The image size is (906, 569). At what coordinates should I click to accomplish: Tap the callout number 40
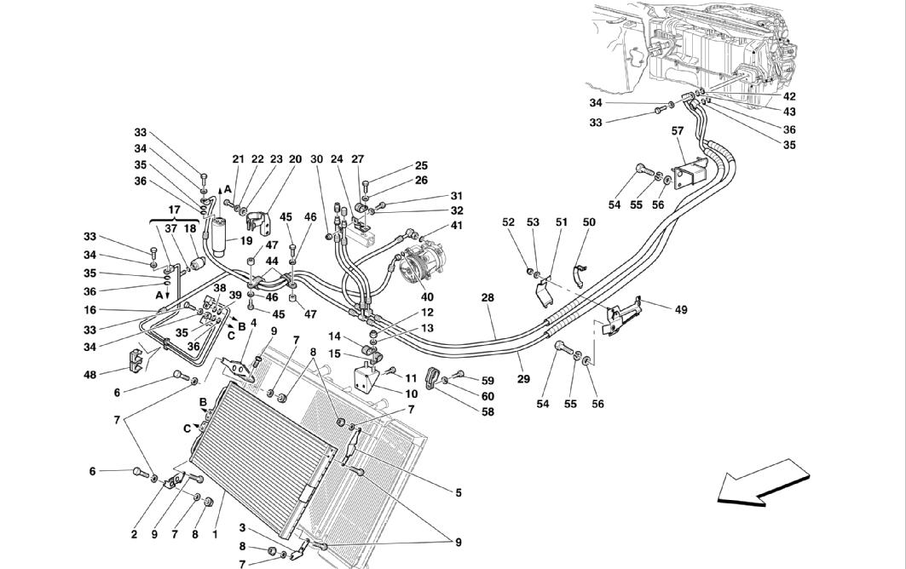(427, 297)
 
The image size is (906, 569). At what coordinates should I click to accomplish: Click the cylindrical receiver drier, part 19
(220, 236)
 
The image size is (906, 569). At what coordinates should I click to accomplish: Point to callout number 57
(678, 131)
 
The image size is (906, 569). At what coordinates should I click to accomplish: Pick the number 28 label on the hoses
(488, 297)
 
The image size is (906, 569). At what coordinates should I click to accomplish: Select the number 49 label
(681, 310)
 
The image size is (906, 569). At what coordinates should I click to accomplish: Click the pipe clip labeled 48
(135, 360)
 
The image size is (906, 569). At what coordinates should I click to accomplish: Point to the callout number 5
(459, 492)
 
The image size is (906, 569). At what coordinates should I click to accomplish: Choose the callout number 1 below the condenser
(215, 535)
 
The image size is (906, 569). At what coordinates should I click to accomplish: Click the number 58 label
(488, 412)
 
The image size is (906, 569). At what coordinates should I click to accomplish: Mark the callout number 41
(457, 225)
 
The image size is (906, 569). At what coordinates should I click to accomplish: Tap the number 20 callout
(295, 159)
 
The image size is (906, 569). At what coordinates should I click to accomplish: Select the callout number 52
(508, 221)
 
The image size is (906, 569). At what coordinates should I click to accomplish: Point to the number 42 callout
(788, 96)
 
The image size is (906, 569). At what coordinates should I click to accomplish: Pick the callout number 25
(421, 166)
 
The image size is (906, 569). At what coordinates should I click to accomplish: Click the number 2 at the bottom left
(134, 535)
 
